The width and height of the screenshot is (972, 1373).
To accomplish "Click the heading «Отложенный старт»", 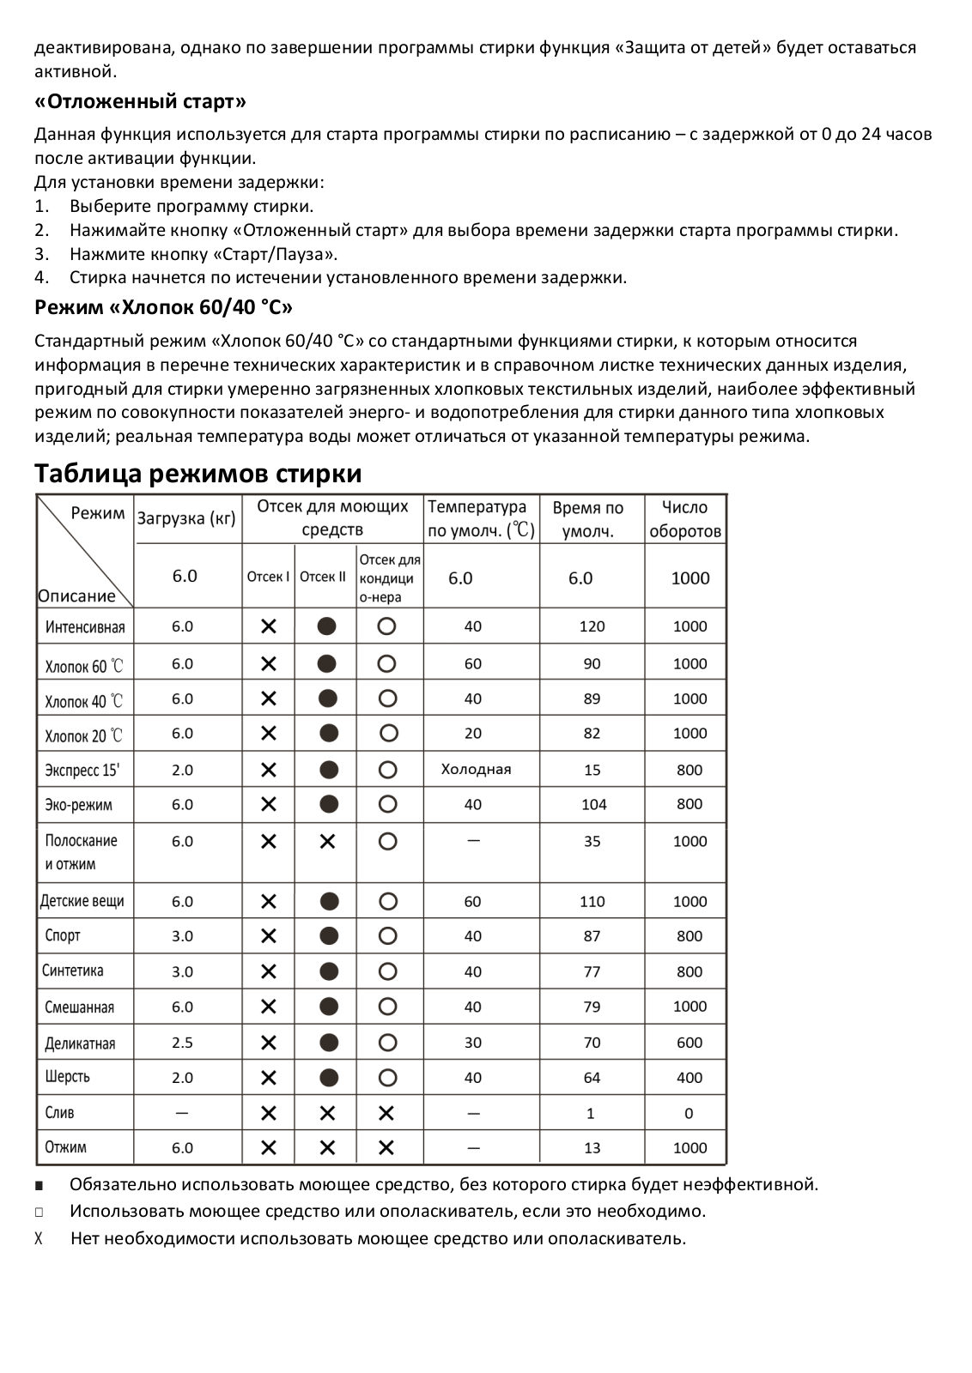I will [140, 102].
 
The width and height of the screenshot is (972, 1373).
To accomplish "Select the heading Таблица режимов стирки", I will [197, 474].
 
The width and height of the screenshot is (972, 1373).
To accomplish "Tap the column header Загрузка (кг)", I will [186, 518].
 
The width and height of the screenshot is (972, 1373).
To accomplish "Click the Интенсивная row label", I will [85, 627].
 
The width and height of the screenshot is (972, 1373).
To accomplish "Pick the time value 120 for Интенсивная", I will [592, 626].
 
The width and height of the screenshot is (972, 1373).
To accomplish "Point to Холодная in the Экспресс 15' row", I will [476, 770].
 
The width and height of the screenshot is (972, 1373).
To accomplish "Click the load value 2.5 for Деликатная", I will [182, 1043].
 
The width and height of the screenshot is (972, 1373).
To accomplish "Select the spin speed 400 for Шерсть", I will [690, 1078].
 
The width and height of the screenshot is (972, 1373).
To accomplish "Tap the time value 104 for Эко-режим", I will [593, 805].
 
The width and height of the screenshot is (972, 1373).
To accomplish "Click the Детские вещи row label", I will [82, 902].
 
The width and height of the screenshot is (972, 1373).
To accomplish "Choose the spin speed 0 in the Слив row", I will [689, 1114].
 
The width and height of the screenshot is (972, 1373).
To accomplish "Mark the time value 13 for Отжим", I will [592, 1148].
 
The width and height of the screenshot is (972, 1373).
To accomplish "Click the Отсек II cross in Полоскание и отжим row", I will [327, 842].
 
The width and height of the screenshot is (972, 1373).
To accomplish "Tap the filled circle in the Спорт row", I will [328, 936].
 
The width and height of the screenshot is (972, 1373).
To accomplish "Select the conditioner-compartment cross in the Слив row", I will [386, 1114].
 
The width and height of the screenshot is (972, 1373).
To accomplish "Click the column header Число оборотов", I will [684, 519].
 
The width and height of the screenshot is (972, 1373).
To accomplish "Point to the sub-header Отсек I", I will [268, 577].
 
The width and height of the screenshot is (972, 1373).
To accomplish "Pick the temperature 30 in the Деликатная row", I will [473, 1043].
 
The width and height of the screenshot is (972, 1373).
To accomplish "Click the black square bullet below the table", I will [39, 1186].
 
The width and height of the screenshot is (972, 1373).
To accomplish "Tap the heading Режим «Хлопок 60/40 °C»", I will [163, 307].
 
